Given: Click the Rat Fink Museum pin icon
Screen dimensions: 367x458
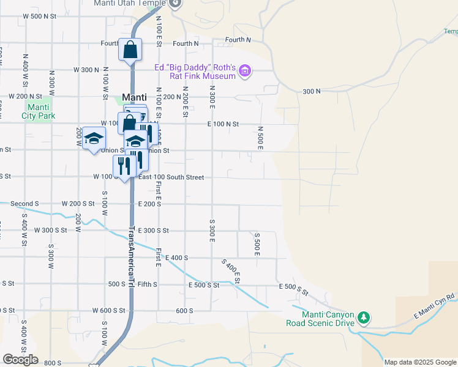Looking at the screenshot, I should coord(245,72).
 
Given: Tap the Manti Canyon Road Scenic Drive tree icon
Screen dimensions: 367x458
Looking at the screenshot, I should coord(364,317).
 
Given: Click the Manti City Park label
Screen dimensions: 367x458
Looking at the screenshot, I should coord(38,111).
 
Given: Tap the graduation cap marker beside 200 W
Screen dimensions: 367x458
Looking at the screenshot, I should coord(93,139).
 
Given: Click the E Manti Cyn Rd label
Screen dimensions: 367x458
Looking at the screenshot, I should coord(435,305).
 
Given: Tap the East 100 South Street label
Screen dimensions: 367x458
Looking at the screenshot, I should coord(170,177).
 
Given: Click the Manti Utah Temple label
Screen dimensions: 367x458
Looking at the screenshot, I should coord(130,3).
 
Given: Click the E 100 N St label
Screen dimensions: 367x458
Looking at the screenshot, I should coord(223,124).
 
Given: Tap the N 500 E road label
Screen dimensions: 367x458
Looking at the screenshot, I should coord(260,138).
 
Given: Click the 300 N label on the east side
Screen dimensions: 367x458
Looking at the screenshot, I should coord(311,91).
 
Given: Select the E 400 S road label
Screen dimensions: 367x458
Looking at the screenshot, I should coord(176,258).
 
